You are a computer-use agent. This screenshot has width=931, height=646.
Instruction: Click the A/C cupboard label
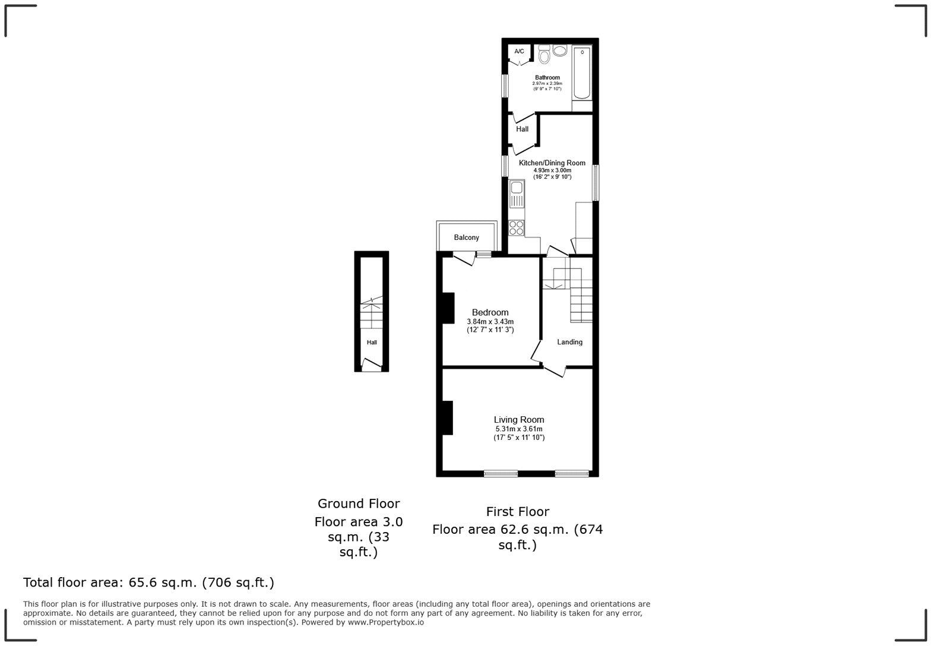519,51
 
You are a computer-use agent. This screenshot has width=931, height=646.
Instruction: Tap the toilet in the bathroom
544,56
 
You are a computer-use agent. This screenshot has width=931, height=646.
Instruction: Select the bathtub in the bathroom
582,72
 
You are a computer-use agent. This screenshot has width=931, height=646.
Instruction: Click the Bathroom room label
547,78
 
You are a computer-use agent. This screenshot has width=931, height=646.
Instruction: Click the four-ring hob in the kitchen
517,228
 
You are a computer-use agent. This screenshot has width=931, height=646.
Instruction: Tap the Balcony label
466,237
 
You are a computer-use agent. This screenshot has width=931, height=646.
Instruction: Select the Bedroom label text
490,312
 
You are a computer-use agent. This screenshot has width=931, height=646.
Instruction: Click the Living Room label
519,419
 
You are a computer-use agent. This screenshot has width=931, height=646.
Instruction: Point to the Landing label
569,342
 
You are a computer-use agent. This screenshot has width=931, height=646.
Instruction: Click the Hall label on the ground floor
372,343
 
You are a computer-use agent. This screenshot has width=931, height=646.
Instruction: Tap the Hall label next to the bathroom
522,129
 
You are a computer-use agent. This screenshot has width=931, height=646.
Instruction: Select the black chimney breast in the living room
447,417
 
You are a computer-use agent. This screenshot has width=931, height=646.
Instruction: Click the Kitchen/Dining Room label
552,163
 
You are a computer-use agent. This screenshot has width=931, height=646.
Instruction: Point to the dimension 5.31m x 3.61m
519,429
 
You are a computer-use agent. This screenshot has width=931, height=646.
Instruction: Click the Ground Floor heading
359,503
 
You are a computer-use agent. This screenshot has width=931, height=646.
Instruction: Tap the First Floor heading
517,511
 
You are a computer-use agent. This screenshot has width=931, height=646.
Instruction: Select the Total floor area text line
148,582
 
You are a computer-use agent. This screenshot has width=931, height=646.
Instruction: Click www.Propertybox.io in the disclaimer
385,622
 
